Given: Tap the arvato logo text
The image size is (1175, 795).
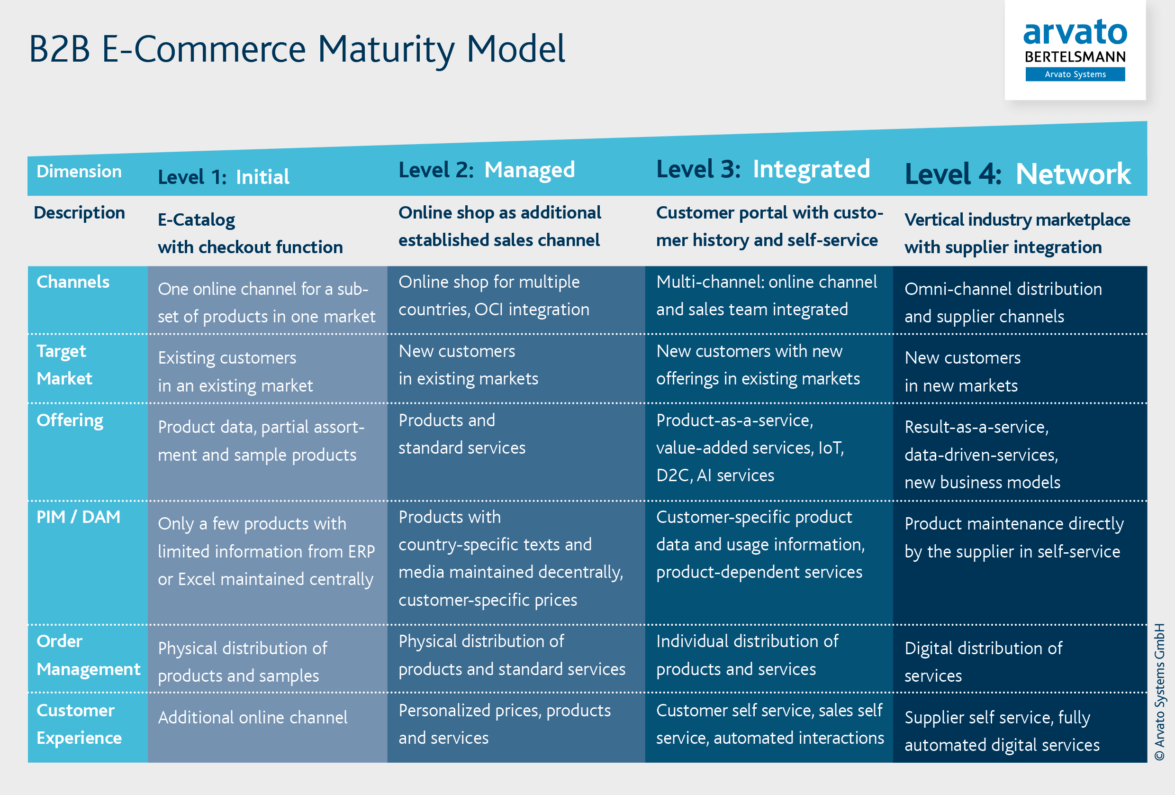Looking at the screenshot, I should click(x=1075, y=32).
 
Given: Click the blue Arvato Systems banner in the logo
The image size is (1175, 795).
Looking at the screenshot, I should click(x=1075, y=74).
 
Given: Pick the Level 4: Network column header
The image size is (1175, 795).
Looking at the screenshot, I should click(x=1017, y=174).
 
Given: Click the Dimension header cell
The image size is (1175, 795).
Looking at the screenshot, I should click(x=79, y=172).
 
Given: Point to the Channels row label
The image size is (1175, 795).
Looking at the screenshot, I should click(x=73, y=282).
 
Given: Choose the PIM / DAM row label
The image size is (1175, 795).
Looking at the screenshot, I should click(x=78, y=517).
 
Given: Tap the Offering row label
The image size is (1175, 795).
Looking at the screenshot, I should click(x=70, y=420).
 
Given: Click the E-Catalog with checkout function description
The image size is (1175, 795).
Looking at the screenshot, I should click(x=250, y=233).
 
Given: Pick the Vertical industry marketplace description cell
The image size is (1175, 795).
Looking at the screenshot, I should click(x=1017, y=233).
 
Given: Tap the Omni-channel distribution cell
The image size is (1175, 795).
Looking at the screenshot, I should click(x=1003, y=302).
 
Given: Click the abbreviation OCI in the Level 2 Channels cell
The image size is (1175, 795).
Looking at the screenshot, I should click(x=489, y=310).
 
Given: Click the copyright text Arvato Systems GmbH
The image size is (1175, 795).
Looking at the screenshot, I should click(x=1159, y=691).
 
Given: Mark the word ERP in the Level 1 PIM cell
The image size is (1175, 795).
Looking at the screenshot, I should click(x=361, y=551).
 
